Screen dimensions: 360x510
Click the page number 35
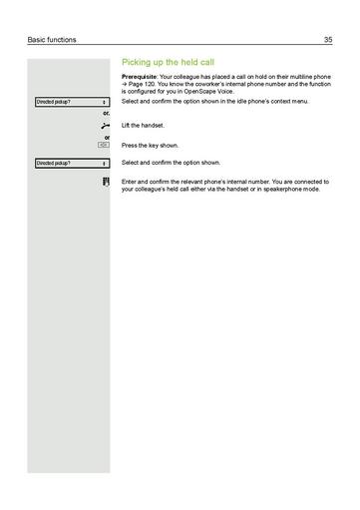click(327, 40)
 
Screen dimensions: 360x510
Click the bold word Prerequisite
click(143, 77)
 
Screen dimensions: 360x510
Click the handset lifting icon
click(105, 125)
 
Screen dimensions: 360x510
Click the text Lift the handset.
click(144, 125)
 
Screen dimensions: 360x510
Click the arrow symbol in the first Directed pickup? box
click(105, 102)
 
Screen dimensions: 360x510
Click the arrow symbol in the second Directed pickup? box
click(105, 162)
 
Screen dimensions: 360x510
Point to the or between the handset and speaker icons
click(106, 137)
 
